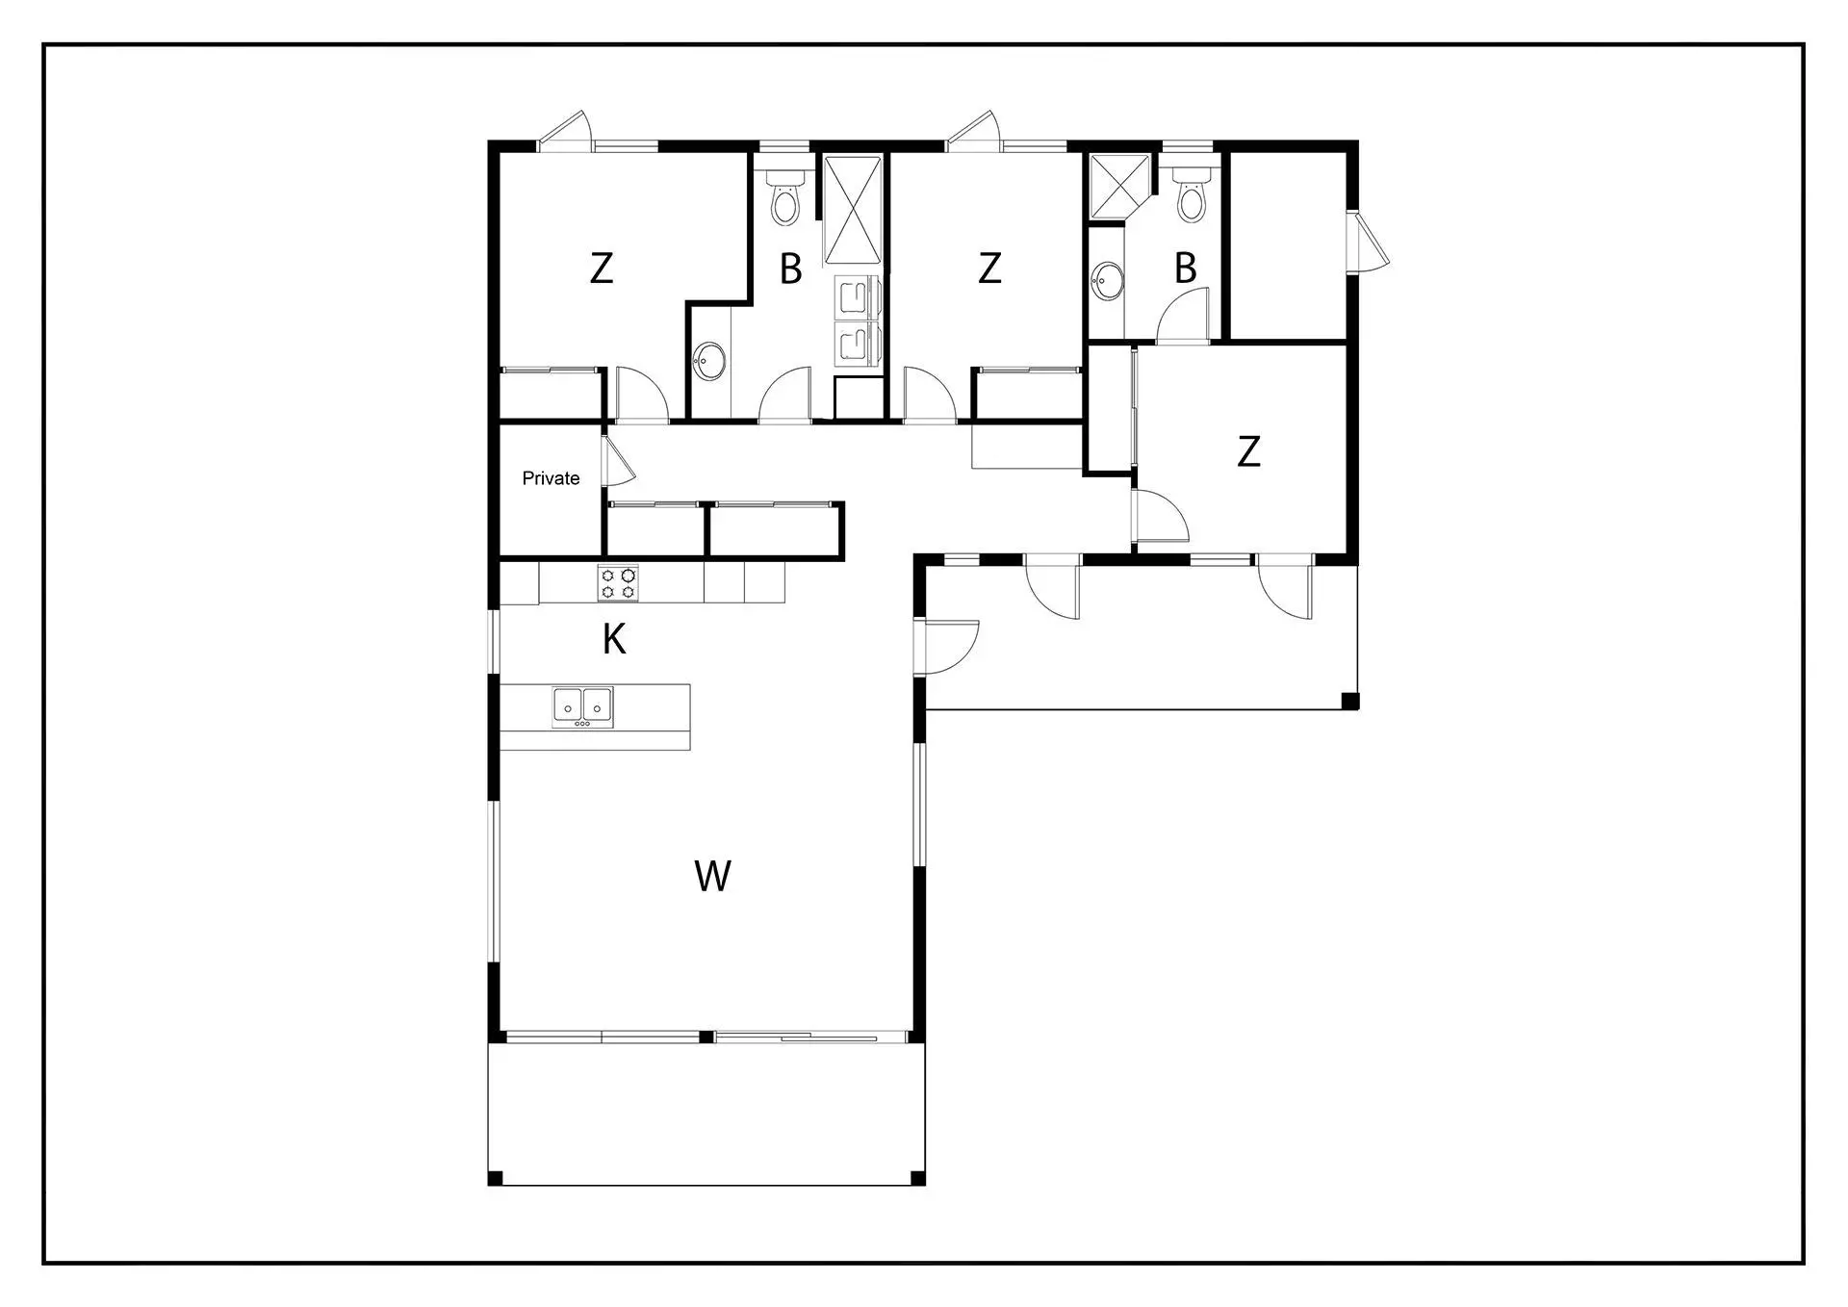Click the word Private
tap(551, 478)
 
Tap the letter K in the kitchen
tap(614, 639)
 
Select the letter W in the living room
tap(712, 876)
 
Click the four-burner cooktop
tap(617, 583)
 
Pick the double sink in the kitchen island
tap(582, 707)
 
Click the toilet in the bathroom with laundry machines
tap(785, 198)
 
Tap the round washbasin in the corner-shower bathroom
tap(1108, 281)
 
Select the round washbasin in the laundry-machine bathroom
tap(711, 361)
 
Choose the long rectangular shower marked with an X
tap(853, 210)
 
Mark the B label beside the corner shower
tap(1186, 269)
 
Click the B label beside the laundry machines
tap(790, 269)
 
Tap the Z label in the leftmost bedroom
tap(602, 269)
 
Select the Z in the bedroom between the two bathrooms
tap(989, 269)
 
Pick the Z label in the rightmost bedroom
tap(1248, 451)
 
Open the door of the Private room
tap(616, 461)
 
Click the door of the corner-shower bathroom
tap(1182, 316)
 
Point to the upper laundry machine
tap(854, 295)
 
